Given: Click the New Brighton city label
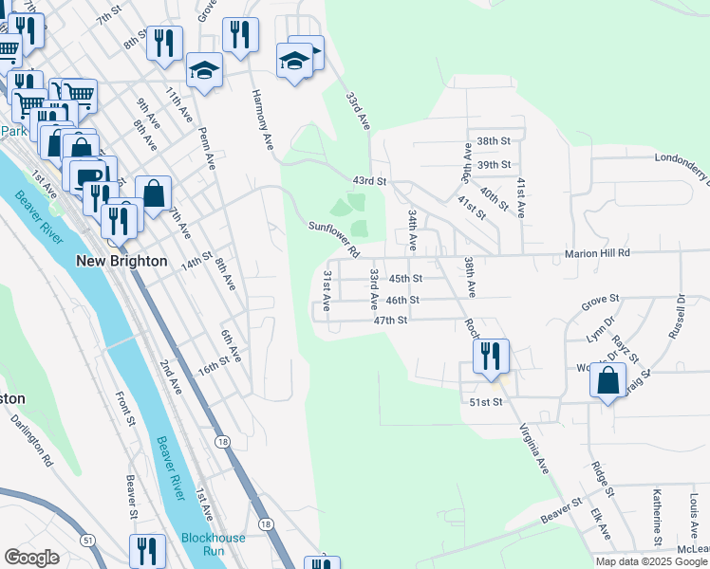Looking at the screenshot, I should (x=121, y=261).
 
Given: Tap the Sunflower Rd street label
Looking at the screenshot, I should (x=332, y=239).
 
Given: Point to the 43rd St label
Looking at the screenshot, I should (x=370, y=180).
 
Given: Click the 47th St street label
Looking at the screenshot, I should (x=390, y=321).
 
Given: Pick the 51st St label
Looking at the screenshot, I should (x=484, y=402).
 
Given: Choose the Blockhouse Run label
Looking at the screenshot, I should (x=214, y=544).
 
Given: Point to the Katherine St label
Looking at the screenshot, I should (x=657, y=517).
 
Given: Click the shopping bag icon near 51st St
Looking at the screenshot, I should (x=607, y=381).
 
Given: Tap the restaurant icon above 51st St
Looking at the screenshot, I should (x=491, y=357).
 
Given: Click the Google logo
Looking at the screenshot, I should (x=31, y=558).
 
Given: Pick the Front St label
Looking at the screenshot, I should (x=121, y=407).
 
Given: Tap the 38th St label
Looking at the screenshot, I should (x=494, y=140).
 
